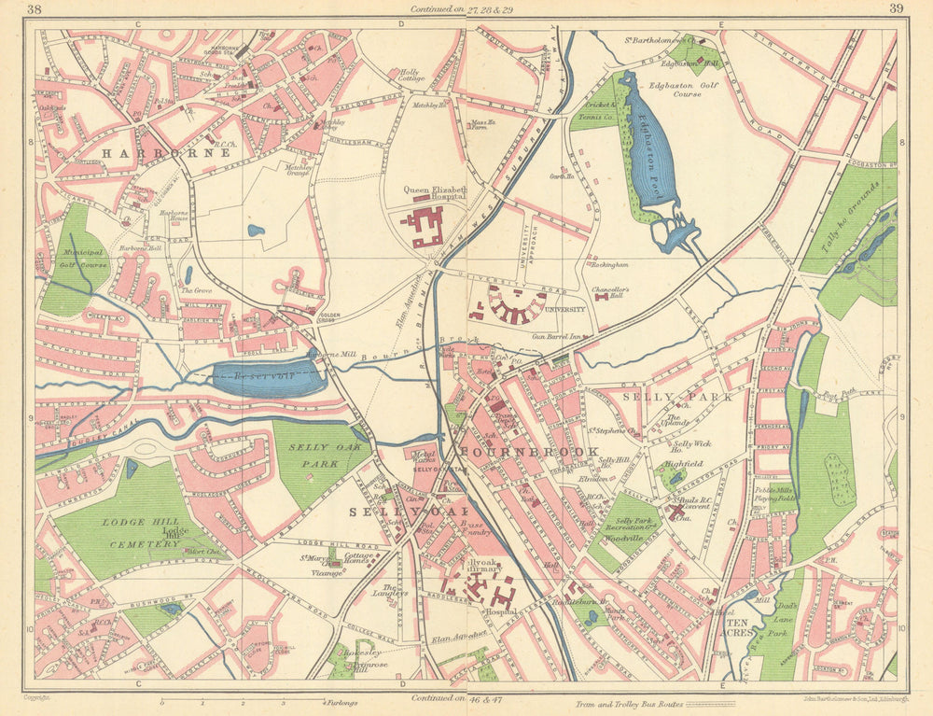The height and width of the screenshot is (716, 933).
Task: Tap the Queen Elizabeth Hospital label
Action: click(434, 193)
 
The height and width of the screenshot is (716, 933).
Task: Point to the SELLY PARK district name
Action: click(689, 396)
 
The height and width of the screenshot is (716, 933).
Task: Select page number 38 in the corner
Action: click(35, 10)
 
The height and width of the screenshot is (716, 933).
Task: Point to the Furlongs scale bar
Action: click(243, 699)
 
